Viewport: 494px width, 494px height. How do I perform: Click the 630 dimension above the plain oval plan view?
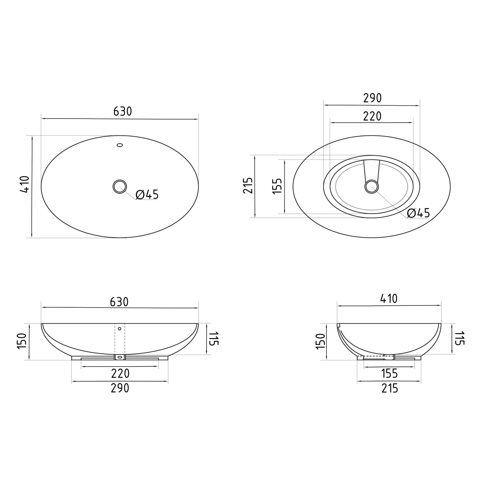(x=123, y=111)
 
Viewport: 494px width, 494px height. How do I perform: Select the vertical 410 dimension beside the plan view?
(x=24, y=184)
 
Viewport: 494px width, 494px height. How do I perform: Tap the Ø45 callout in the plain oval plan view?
(x=147, y=195)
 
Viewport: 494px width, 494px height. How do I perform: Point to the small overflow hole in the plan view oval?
(x=120, y=145)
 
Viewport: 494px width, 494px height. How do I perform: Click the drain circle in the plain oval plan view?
(x=120, y=187)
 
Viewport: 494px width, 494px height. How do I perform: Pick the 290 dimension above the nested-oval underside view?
(x=372, y=98)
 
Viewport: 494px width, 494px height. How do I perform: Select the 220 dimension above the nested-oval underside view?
(x=372, y=116)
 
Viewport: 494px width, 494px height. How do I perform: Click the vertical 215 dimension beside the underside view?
(x=248, y=186)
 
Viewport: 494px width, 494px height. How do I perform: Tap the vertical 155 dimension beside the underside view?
(x=277, y=186)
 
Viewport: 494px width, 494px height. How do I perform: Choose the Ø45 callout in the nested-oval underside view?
(x=418, y=213)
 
